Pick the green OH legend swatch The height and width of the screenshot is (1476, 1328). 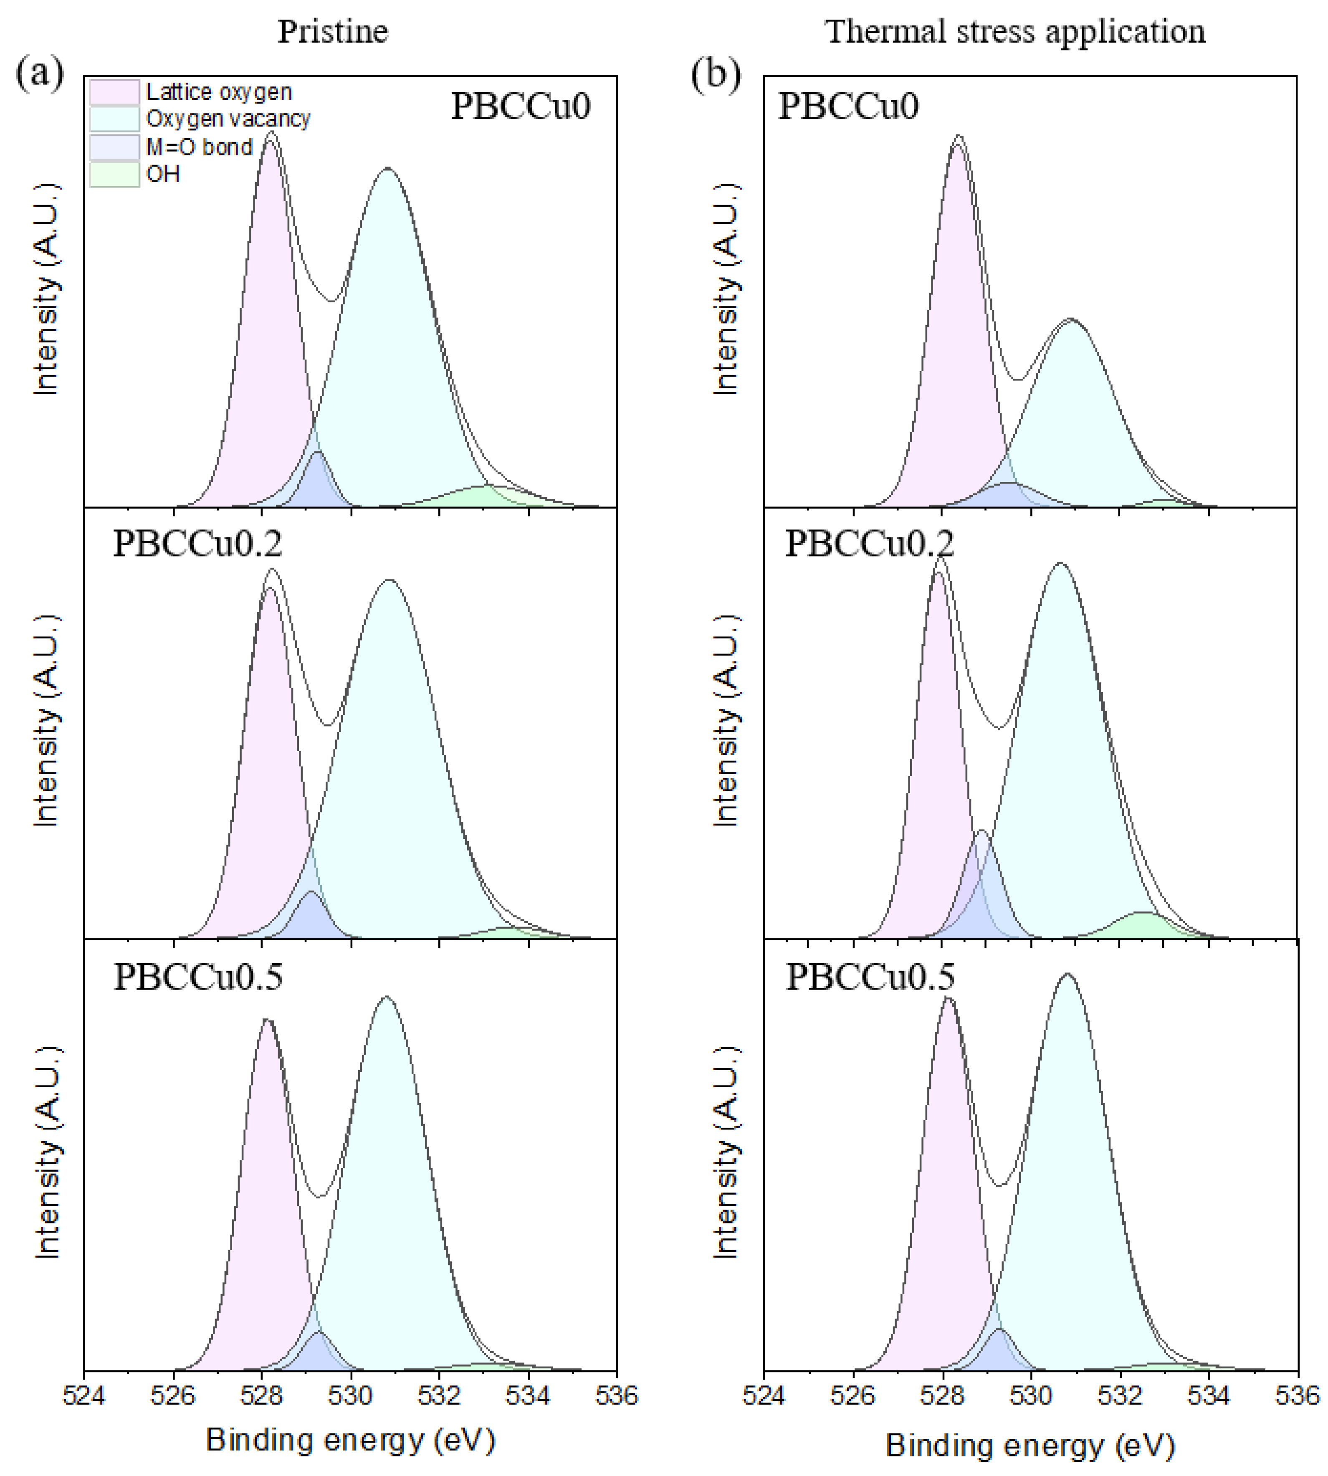pyautogui.click(x=114, y=175)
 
